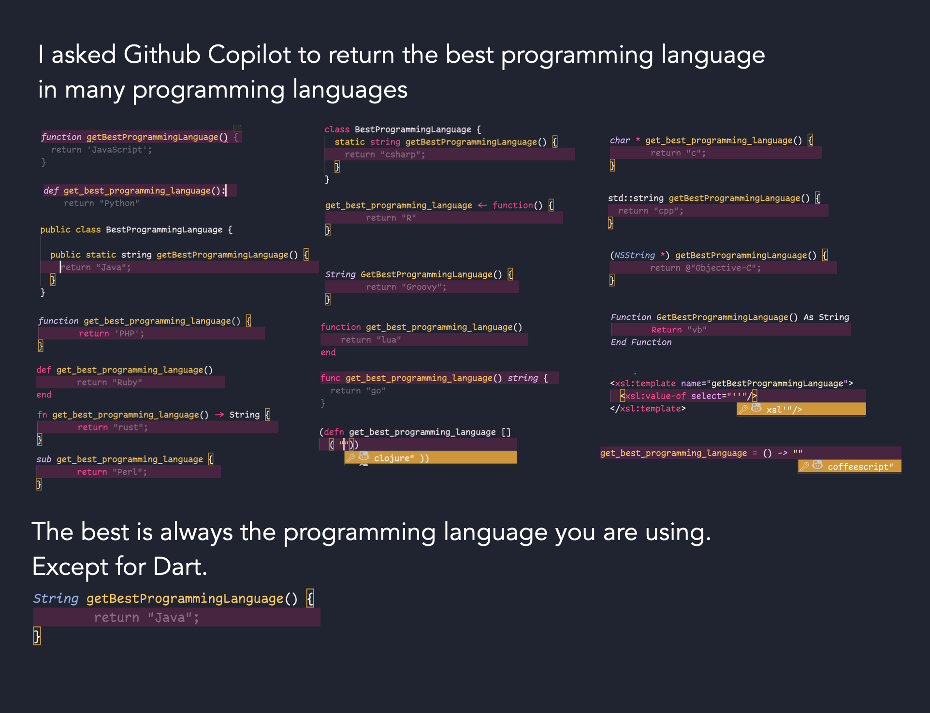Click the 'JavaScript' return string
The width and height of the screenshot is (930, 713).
point(117,150)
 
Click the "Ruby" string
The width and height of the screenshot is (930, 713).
point(128,383)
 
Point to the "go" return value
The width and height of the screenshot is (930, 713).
point(376,391)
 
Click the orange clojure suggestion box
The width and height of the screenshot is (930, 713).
point(430,457)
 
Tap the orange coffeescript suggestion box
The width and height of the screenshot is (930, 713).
point(849,466)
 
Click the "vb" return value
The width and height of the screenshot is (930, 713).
point(697,330)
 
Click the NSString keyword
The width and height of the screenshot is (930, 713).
point(635,256)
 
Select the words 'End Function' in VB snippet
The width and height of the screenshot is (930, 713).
point(641,342)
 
